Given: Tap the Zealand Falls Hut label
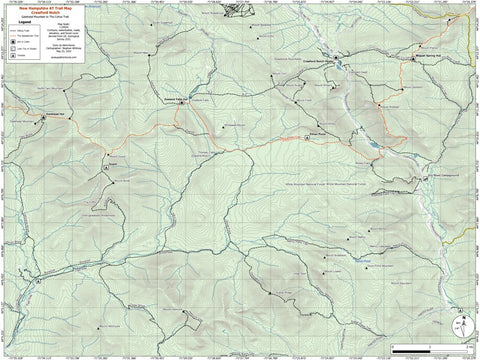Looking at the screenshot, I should [176, 98].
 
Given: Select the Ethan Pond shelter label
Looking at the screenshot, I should [318, 130].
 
